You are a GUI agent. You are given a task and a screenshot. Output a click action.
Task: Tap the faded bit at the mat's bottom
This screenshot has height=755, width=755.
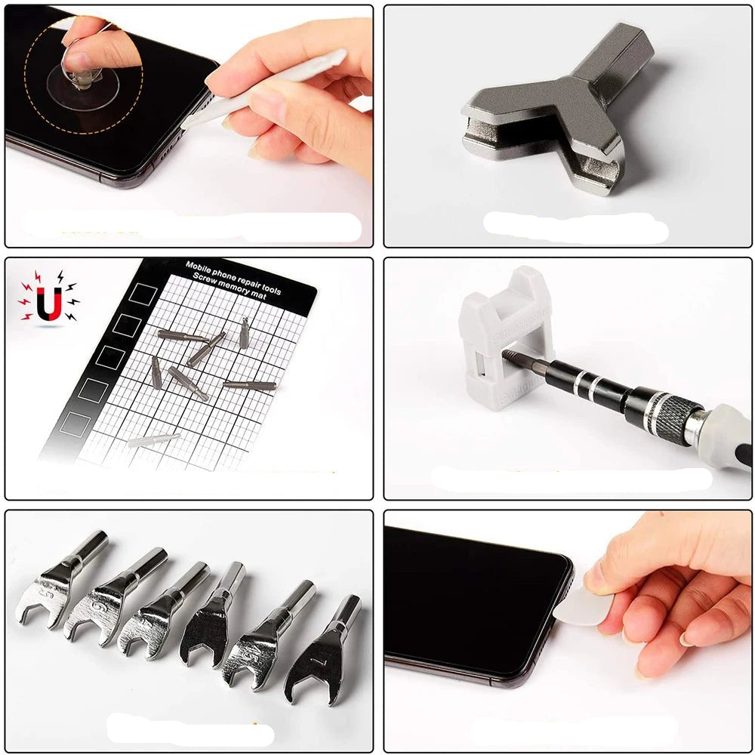click(x=154, y=439)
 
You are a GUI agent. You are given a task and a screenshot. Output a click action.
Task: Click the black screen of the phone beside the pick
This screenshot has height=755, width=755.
click(x=468, y=596)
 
